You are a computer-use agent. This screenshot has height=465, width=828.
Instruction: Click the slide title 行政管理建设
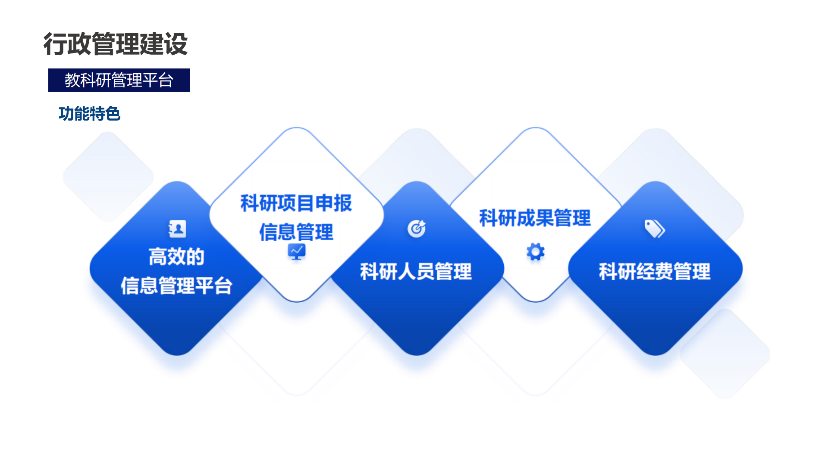coord(116,44)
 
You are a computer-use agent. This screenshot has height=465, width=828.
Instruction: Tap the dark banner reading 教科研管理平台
coord(119,80)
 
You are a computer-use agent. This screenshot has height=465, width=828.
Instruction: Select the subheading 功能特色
coord(89,114)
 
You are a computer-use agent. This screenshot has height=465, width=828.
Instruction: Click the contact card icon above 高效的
coord(177,229)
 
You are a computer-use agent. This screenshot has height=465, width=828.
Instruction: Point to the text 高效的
coord(176,257)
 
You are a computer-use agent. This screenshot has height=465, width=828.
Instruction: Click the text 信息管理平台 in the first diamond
coord(176,285)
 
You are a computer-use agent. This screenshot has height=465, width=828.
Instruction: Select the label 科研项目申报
coord(296,203)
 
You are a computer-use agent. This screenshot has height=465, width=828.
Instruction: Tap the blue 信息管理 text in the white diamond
coord(296,232)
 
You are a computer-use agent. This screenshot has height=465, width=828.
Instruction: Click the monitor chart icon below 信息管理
coord(297,251)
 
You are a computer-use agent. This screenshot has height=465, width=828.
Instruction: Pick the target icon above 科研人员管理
coord(417,229)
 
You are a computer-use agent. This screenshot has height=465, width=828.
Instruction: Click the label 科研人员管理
coord(416,272)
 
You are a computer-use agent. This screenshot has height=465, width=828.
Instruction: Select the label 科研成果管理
coord(535,218)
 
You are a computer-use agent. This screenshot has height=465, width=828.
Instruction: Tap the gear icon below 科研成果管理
coord(536,252)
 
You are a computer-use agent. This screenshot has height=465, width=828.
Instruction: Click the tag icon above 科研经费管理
coord(655,229)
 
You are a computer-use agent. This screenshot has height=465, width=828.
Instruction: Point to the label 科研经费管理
coord(655,272)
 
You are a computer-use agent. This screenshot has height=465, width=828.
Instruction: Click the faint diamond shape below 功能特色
coord(108,177)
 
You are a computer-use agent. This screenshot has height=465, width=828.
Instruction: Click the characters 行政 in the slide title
coord(67,44)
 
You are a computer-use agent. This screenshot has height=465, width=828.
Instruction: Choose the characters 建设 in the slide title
coord(164,44)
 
